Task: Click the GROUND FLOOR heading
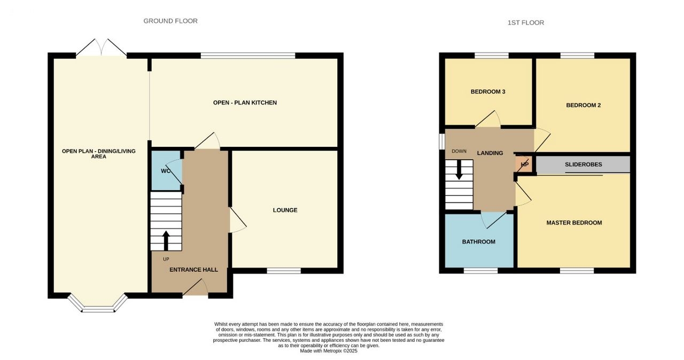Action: tap(170, 21)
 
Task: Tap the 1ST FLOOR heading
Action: tap(525, 22)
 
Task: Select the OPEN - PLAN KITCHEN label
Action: tap(245, 103)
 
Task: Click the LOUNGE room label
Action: tap(285, 210)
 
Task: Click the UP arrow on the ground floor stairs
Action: tap(166, 241)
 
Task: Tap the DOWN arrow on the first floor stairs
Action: tap(458, 170)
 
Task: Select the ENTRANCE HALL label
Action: tap(193, 270)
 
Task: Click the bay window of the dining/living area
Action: tap(98, 303)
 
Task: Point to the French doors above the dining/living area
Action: tap(102, 48)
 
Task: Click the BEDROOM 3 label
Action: tap(488, 92)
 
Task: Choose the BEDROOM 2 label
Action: tap(583, 105)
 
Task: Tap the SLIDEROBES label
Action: tap(583, 165)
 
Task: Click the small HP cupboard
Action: tap(524, 165)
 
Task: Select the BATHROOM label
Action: tap(478, 242)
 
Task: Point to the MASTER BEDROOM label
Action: tap(574, 223)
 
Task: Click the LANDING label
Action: tap(490, 153)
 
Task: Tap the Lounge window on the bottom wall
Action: tap(284, 271)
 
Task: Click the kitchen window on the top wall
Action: tap(248, 56)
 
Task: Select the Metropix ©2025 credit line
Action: tap(329, 351)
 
